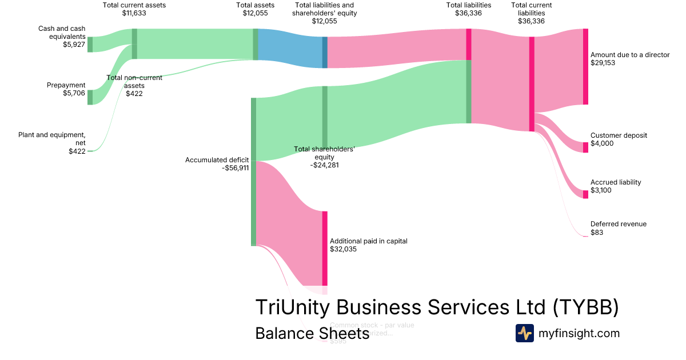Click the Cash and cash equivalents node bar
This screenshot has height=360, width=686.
click(90, 44)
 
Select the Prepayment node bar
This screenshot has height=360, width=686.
click(90, 97)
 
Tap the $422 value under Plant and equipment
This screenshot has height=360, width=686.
click(77, 151)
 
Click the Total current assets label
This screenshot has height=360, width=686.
click(134, 5)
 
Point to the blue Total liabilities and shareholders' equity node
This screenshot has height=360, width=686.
click(325, 53)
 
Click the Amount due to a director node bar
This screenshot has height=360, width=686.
click(585, 66)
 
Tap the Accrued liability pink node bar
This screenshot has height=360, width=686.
click(585, 194)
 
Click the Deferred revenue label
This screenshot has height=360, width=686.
click(619, 224)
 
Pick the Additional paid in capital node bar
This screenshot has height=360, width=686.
click(325, 248)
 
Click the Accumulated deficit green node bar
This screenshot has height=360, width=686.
click(253, 171)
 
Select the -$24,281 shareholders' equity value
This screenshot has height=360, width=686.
click(324, 165)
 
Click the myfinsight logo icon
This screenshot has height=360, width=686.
click(524, 333)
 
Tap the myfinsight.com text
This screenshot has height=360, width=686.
click(579, 333)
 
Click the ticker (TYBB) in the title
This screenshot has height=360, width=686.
click(585, 307)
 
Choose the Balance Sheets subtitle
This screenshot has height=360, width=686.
click(312, 333)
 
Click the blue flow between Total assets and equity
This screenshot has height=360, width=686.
click(290, 48)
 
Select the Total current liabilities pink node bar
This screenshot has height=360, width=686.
click(532, 84)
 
